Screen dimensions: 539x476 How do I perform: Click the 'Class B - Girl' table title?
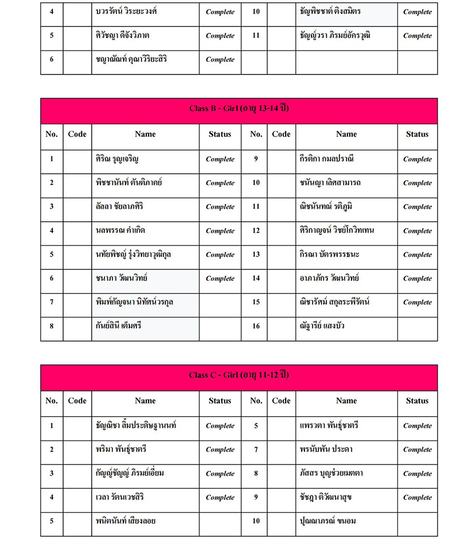click(239, 108)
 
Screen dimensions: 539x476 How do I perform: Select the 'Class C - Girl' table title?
click(239, 375)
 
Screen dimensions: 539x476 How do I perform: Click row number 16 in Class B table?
click(256, 326)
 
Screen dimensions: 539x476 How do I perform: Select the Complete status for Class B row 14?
click(417, 279)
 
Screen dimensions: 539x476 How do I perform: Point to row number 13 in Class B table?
click(256, 255)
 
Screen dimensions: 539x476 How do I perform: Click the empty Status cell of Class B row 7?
click(220, 302)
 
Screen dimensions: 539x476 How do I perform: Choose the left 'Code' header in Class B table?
click(77, 134)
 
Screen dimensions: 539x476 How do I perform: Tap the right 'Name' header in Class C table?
click(346, 401)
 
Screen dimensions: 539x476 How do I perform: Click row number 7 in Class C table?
click(256, 450)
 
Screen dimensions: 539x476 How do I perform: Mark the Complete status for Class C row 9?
click(417, 498)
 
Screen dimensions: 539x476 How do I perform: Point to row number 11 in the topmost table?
click(256, 36)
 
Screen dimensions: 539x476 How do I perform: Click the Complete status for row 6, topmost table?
click(220, 60)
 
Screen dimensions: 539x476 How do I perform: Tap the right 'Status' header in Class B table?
click(417, 134)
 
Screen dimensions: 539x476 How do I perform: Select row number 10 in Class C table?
click(256, 521)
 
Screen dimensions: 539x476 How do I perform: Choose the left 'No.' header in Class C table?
click(52, 401)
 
